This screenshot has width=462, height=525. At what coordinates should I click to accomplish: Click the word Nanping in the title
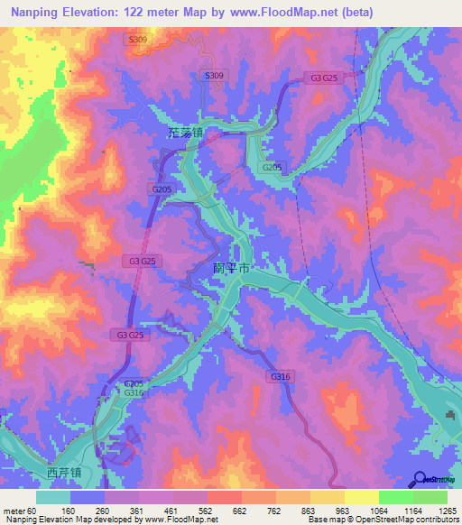38,12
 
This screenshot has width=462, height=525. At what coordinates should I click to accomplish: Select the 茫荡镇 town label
185,132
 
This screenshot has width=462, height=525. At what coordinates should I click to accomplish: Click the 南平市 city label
232,268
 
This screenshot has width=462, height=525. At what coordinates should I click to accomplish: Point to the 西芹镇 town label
64,472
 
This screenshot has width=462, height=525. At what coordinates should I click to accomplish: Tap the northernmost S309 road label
137,40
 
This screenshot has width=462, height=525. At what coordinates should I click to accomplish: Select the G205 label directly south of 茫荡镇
162,189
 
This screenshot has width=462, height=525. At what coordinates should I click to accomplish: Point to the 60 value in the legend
32,510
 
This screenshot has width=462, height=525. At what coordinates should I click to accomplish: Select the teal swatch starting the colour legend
53,497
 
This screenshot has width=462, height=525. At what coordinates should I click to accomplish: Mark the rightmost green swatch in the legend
430,497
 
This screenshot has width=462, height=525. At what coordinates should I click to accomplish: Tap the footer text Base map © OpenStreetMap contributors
383,519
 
